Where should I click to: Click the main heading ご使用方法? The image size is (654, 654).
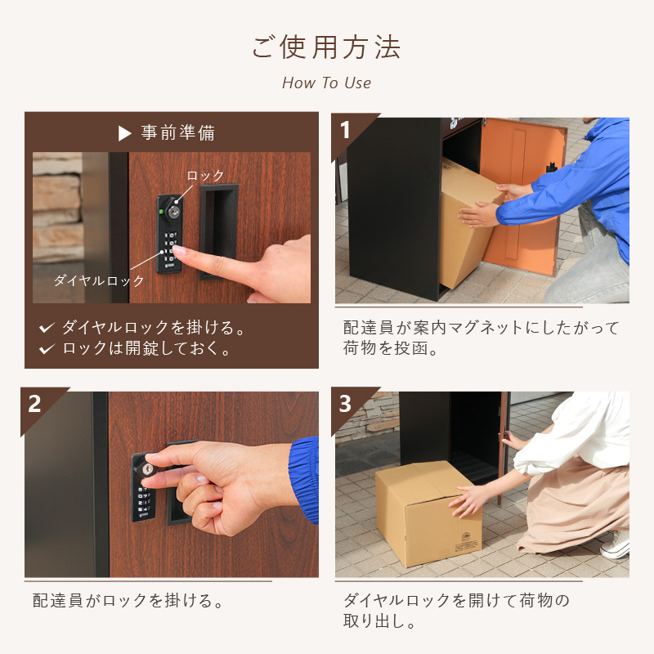coord(326,47)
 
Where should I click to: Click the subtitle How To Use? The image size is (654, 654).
coord(326,83)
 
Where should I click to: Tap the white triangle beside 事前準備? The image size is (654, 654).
coord(125,133)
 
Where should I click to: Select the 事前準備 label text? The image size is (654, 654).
coord(178,133)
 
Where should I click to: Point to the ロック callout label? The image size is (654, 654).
coord(205,176)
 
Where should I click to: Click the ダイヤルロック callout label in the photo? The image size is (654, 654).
coord(99,280)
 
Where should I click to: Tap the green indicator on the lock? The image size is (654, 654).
coord(161,212)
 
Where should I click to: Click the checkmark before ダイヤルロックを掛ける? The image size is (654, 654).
coord(47,328)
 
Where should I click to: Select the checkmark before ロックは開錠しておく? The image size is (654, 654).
coord(47,348)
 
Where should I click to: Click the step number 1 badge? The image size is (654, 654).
coord(345,130)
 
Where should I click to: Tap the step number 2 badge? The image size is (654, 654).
coord(34,404)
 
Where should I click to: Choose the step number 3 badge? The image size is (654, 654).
coord(345,404)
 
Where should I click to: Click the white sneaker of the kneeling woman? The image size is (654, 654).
coord(616,544)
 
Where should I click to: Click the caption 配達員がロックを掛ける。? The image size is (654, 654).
coord(128,601)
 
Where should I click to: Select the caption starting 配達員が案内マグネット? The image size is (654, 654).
coord(481,338)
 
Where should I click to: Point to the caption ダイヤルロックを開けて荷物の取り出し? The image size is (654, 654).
coord(456,611)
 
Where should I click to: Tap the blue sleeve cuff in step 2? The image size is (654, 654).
coord(305,480)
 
